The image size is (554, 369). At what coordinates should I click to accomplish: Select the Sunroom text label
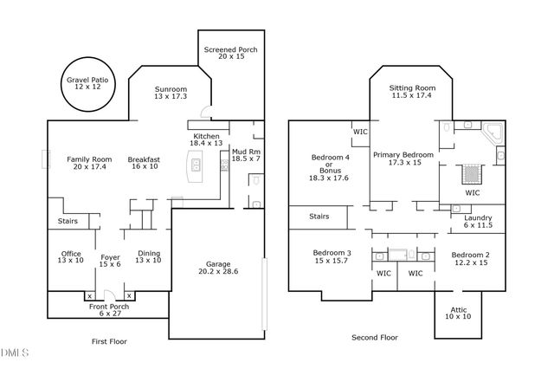pyautogui.click(x=171, y=89)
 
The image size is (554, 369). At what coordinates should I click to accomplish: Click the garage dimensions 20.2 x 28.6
pyautogui.click(x=216, y=270)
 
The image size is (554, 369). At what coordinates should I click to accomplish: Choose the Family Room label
pyautogui.click(x=89, y=159)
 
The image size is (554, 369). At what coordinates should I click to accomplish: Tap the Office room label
pyautogui.click(x=71, y=254)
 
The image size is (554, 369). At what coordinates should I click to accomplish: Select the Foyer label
pyautogui.click(x=110, y=256)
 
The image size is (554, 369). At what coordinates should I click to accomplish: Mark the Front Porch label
pyautogui.click(x=110, y=307)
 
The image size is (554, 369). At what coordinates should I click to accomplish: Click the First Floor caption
pyautogui.click(x=109, y=341)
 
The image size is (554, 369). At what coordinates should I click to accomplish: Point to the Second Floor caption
pyautogui.click(x=375, y=337)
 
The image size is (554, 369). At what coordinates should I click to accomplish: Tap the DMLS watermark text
pyautogui.click(x=15, y=353)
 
